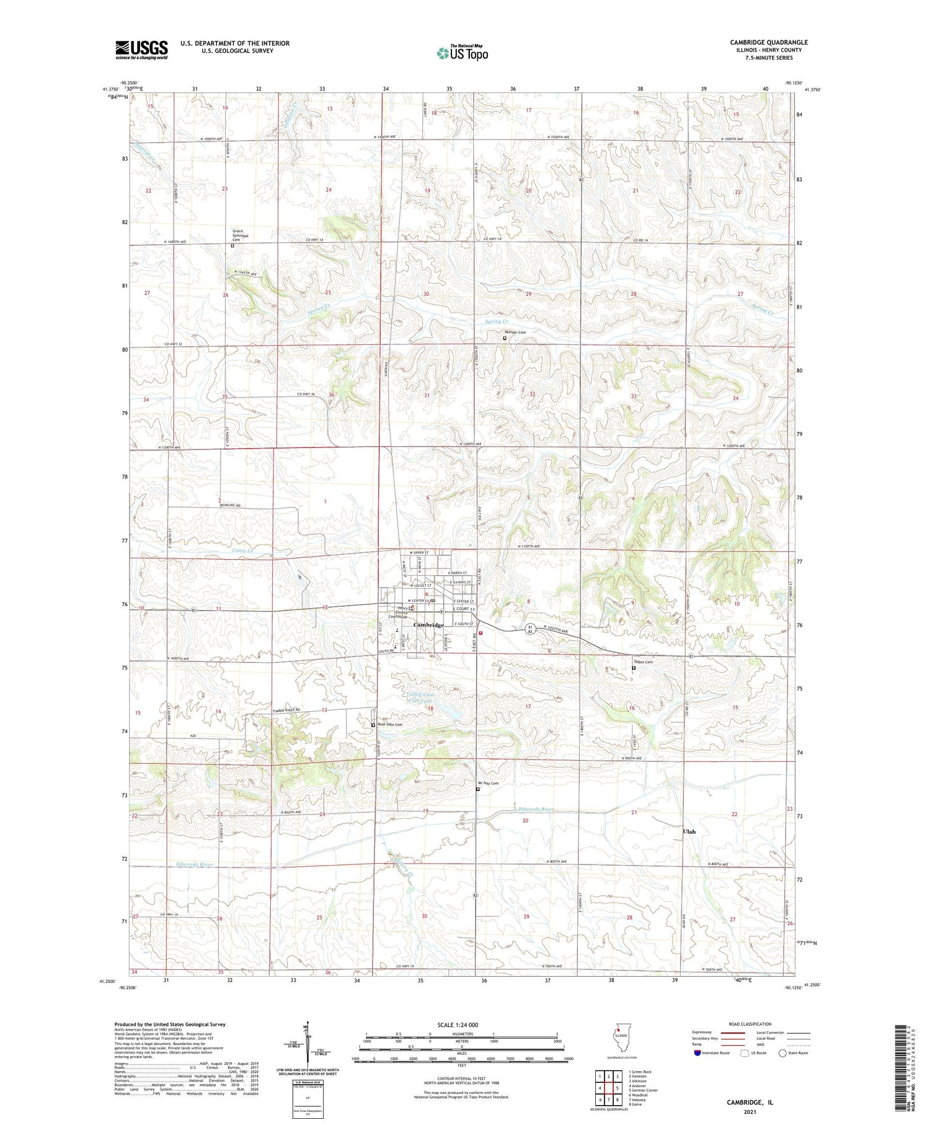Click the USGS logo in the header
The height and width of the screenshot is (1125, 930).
(141, 50)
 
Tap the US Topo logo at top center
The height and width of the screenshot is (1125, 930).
(463, 53)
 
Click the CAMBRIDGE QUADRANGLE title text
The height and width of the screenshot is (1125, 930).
(768, 43)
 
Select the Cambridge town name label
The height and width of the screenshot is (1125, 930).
(429, 625)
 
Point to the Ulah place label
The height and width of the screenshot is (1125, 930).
(689, 831)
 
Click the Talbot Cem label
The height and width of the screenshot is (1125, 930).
(643, 662)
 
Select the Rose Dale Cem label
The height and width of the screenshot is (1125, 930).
(390, 725)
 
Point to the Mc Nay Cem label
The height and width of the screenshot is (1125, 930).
(489, 783)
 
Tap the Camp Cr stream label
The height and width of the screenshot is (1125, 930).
(243, 550)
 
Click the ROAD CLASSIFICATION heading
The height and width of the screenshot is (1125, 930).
(750, 1024)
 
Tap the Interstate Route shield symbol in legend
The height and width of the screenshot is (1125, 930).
(697, 1053)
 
